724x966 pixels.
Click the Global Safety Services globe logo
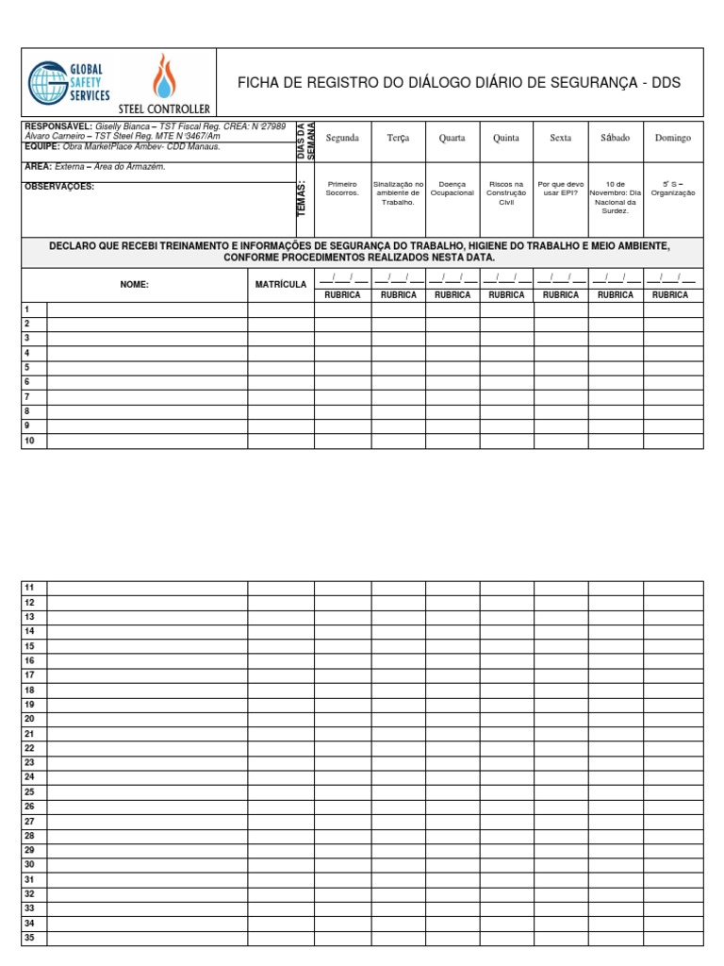47,82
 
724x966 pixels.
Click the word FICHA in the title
255,83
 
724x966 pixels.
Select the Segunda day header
342,138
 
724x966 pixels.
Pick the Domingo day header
673,138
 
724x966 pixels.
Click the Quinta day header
506,138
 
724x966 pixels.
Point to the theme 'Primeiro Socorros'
342,189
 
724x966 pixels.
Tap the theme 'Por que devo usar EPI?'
561,189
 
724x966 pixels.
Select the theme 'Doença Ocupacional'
452,189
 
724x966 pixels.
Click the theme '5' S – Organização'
673,189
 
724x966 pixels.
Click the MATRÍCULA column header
281,284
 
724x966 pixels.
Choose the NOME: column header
134,284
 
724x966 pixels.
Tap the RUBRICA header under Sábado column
616,295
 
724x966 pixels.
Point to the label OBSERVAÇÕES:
58,187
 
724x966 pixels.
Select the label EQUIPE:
42,146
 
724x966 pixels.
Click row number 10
29,441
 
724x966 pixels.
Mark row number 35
29,938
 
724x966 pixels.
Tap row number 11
29,588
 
